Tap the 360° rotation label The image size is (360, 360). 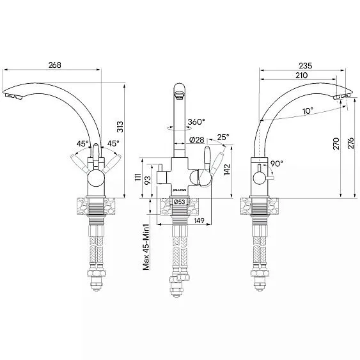[196, 122]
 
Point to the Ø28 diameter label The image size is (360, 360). [197, 139]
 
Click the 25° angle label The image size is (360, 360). [223, 137]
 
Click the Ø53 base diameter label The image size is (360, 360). [181, 203]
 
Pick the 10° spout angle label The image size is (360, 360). [309, 111]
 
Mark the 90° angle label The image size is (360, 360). [276, 164]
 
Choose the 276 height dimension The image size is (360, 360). [350, 144]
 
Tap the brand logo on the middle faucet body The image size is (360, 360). [180, 190]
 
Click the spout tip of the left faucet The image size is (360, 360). [14, 95]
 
